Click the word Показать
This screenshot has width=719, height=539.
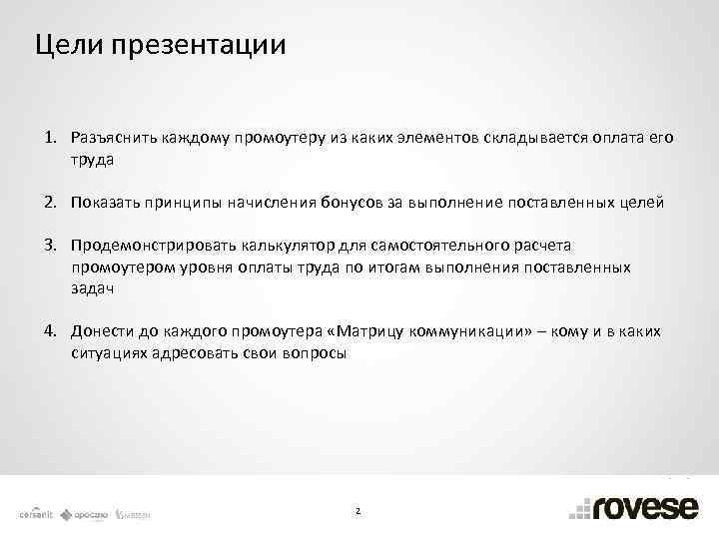point(109,203)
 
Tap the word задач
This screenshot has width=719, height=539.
point(93,288)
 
